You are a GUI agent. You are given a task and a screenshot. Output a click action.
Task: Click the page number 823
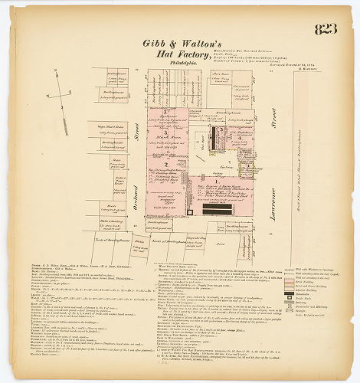tap(325, 30)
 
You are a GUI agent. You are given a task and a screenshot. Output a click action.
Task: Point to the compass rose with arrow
tap(58, 96)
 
